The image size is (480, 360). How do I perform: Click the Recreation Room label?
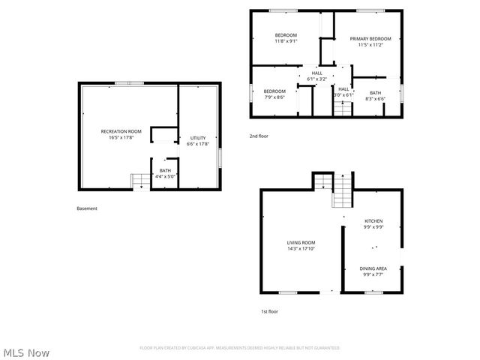click(x=121, y=134)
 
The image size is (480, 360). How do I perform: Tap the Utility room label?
click(x=198, y=141)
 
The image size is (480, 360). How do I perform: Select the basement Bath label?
click(x=164, y=173)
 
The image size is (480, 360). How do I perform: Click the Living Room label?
click(x=301, y=245)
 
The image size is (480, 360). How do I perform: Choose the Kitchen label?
click(x=373, y=224)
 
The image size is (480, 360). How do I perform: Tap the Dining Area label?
click(x=373, y=271)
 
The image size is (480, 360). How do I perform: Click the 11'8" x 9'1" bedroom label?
click(x=286, y=38)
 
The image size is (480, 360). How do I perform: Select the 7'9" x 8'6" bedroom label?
click(x=274, y=94)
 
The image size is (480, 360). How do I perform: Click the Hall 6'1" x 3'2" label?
click(x=316, y=76)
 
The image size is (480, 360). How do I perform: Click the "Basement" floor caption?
click(x=87, y=208)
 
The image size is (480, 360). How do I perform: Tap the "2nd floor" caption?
click(x=259, y=136)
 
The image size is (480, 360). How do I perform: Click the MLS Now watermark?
click(x=27, y=352)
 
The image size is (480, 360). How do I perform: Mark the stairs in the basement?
click(x=140, y=181)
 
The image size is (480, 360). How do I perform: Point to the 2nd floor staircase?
click(x=343, y=108)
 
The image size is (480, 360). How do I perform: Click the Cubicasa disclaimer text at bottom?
click(x=240, y=348)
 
